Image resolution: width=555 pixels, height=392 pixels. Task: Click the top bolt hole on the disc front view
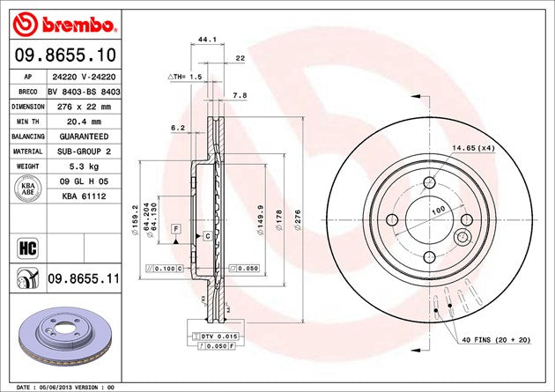tap(429, 182)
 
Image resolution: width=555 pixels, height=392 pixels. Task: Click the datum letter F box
tap(176, 228)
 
